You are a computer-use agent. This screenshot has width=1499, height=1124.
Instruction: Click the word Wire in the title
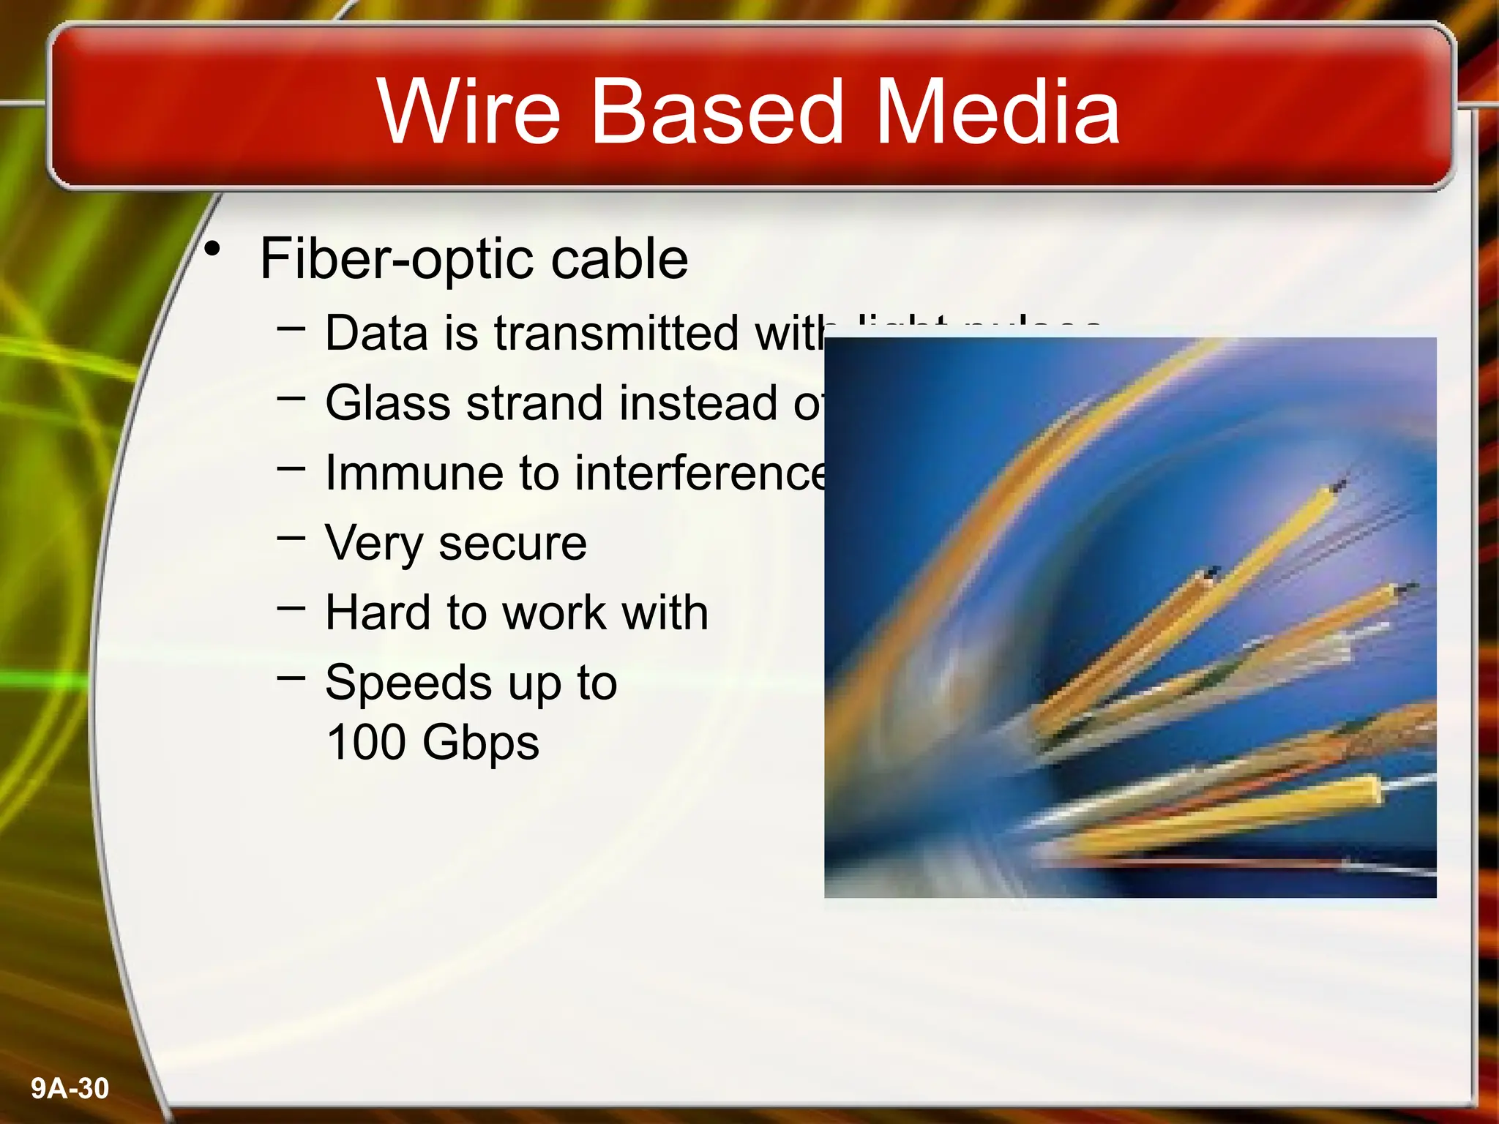[468, 112]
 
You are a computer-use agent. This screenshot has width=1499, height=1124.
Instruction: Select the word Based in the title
[717, 112]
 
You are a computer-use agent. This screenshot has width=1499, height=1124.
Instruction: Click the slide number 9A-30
[70, 1089]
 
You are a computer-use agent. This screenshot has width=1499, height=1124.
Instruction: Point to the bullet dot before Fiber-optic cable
[212, 250]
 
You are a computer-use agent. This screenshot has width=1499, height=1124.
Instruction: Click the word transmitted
[616, 333]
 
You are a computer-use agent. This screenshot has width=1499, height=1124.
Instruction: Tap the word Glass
[388, 403]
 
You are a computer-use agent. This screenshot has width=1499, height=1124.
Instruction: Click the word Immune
[414, 473]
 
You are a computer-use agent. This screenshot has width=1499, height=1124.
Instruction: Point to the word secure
[512, 543]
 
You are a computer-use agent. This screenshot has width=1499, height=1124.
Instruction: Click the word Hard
[378, 612]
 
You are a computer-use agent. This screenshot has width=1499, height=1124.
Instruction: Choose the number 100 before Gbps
[366, 742]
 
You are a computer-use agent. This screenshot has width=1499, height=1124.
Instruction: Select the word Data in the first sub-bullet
[376, 333]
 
